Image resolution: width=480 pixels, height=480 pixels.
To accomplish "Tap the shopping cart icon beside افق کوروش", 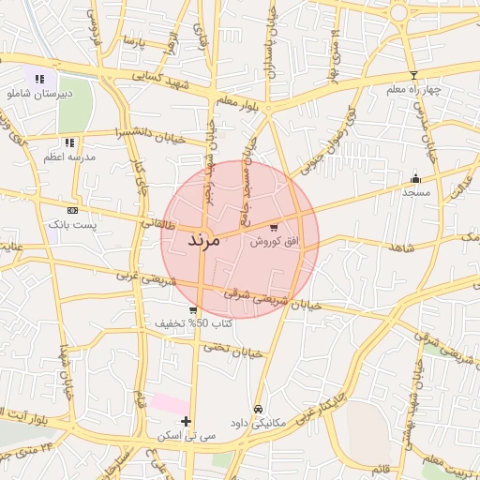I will (x=273, y=227).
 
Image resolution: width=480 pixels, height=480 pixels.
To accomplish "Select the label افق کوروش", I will (x=274, y=242).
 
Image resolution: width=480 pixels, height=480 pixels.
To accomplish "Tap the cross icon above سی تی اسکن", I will (x=187, y=421).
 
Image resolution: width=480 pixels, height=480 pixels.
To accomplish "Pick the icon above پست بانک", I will (x=72, y=210).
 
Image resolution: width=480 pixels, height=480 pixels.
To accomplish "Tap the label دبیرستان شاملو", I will (x=37, y=94).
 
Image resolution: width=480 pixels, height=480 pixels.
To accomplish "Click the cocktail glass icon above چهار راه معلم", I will (x=413, y=74).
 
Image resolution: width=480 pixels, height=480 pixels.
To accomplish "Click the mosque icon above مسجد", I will (x=415, y=178).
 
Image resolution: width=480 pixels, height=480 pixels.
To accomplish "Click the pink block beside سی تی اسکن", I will (x=170, y=403).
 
